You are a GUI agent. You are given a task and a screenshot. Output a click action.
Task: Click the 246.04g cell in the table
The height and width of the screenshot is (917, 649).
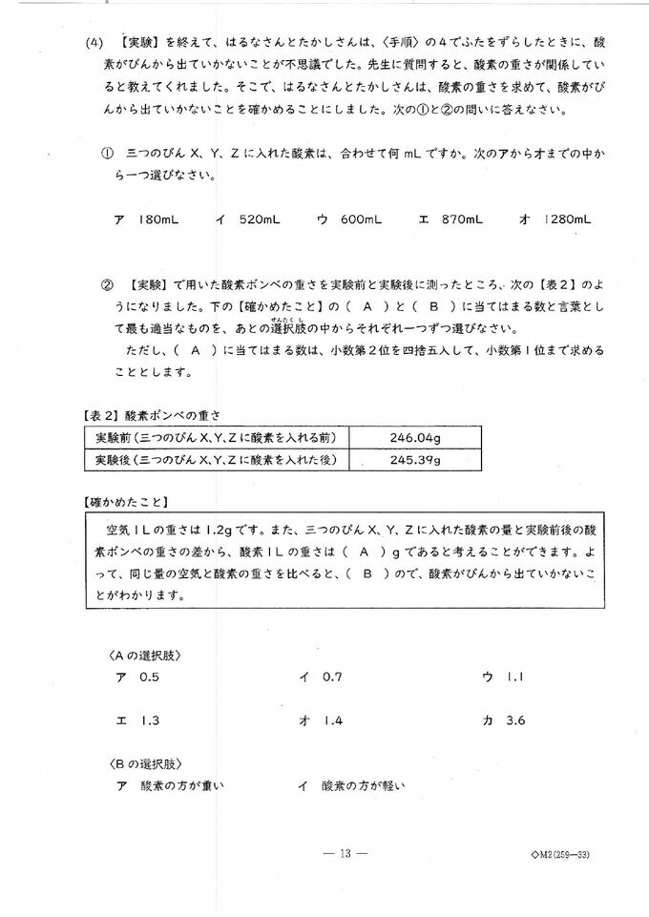(414, 437)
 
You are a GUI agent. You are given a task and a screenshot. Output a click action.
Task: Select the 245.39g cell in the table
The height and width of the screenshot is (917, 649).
(414, 459)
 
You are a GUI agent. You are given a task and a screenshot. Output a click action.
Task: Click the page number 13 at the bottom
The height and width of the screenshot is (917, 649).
(345, 854)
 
